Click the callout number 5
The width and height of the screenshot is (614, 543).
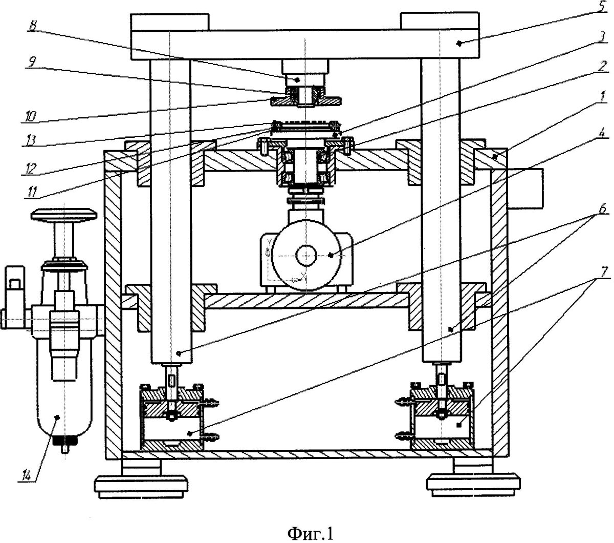(603, 7)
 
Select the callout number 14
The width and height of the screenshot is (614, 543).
(27, 475)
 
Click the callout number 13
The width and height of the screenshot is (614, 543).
(31, 140)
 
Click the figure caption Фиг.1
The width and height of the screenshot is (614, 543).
(311, 533)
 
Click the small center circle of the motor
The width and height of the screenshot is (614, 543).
(306, 256)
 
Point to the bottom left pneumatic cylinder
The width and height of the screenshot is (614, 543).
(172, 418)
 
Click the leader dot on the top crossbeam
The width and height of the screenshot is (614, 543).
(459, 44)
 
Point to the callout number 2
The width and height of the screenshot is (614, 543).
(602, 66)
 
